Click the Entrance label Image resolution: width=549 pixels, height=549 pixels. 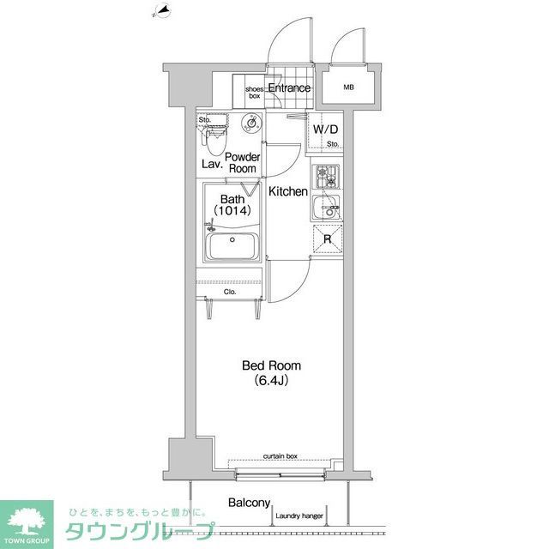(x=289, y=88)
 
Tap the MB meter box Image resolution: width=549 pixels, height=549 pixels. (x=348, y=87)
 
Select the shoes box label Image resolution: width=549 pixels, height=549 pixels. (x=255, y=93)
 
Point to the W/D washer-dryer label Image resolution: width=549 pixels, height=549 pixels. (x=324, y=129)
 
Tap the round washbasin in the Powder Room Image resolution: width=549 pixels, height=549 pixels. (x=251, y=122)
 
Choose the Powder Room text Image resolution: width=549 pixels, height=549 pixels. (x=244, y=163)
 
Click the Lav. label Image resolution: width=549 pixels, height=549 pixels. (x=211, y=163)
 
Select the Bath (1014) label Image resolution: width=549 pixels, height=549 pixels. (x=231, y=205)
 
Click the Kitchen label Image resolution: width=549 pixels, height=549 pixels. (x=287, y=191)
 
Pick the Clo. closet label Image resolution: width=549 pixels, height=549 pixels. (x=230, y=292)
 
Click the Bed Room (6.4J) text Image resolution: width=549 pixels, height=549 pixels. (x=270, y=372)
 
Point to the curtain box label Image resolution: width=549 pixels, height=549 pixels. (x=280, y=455)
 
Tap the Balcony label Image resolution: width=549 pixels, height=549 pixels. (x=250, y=504)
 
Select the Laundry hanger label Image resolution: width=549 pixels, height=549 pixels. (x=299, y=516)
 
